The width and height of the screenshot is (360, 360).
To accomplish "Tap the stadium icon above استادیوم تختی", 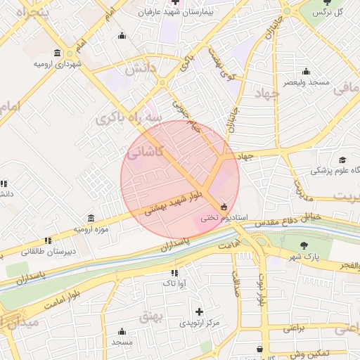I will click(224, 207).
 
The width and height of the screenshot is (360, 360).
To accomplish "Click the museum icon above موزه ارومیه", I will click(91, 218).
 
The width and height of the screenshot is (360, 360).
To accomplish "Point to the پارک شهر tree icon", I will click(304, 245).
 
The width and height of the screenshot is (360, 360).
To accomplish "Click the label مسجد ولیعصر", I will click(306, 82).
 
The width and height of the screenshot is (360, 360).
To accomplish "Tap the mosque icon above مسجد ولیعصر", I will click(306, 71).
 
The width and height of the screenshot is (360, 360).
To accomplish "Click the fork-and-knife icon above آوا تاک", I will click(174, 272).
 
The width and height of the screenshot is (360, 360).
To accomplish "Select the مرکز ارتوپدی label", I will click(199, 323).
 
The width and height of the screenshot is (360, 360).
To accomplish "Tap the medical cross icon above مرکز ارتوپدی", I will click(199, 311).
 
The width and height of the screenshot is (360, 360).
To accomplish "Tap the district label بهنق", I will click(150, 316).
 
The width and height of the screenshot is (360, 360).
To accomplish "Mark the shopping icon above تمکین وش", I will click(260, 349).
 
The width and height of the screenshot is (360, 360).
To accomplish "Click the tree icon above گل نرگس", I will click(326, 3).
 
